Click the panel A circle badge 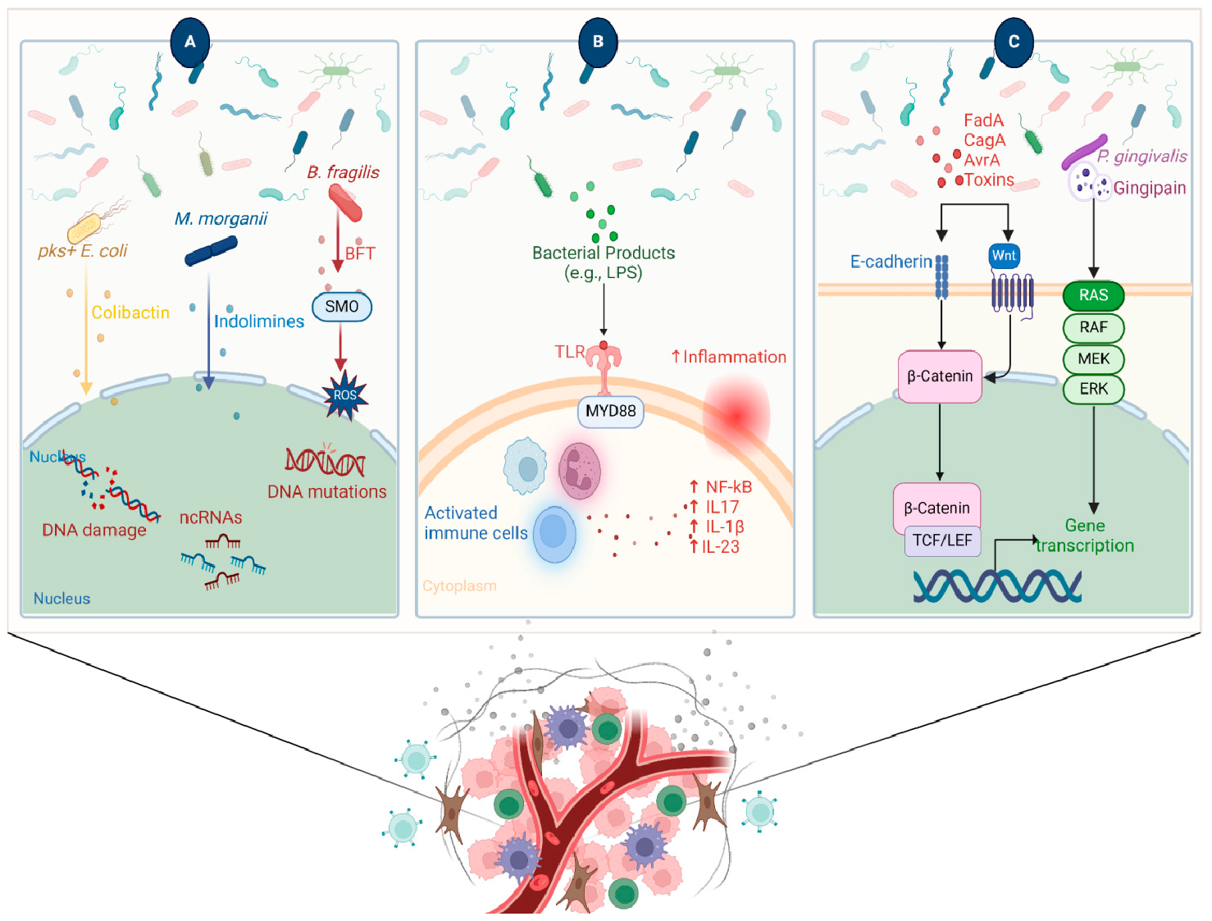[190, 42]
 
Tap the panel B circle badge [598, 42]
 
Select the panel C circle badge [1014, 42]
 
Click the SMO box [342, 307]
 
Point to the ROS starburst [344, 395]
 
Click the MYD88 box [610, 411]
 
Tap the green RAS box [1093, 295]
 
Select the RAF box [1093, 327]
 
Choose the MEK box [1093, 358]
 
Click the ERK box [1093, 389]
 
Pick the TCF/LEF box [942, 540]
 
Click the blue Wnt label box [1004, 256]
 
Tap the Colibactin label [130, 312]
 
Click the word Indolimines [259, 321]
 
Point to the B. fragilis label [343, 172]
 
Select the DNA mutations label [326, 492]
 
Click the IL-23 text [720, 547]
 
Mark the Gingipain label [1150, 188]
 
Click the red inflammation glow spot [736, 416]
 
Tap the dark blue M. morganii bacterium [211, 251]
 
